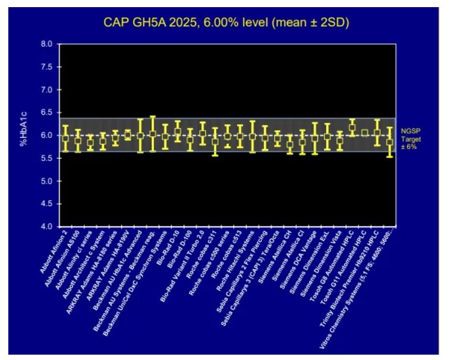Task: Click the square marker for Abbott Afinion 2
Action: pos(65,138)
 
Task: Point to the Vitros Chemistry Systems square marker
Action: pos(390,143)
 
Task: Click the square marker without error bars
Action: pos(364,133)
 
